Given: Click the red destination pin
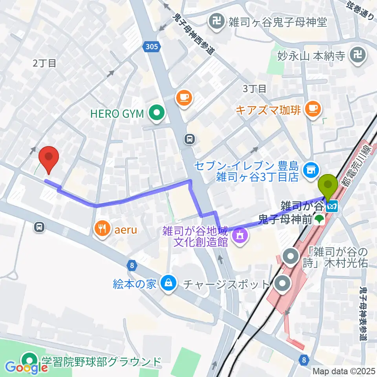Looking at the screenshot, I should coord(49,157).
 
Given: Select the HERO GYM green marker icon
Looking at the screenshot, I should coord(157,113).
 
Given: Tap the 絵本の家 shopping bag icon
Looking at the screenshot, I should coord(168,284).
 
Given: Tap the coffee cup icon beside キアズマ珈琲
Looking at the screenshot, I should coord(313,108).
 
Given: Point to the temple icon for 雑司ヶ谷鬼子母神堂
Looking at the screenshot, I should coord(216,22).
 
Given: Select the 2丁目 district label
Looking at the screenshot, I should coord(45,63).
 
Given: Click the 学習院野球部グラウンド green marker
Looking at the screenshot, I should coord(29,361).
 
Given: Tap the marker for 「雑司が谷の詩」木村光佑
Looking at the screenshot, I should coord(291,257).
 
